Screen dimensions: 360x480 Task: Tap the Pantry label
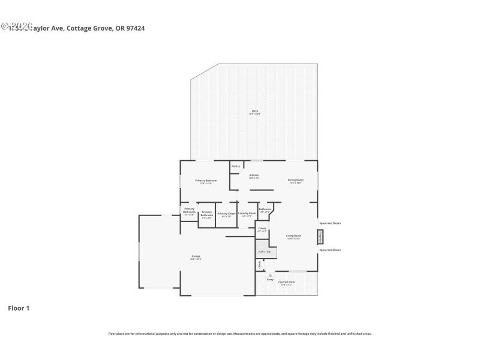coord(236,166)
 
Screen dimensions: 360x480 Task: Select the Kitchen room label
coord(254,176)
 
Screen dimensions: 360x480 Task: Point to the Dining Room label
coord(295,181)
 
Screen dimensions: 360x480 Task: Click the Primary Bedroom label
coord(206,181)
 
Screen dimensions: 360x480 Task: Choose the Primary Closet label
coord(226,214)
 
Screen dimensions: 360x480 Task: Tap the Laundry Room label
coord(247,214)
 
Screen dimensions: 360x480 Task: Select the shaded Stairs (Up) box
coord(265,251)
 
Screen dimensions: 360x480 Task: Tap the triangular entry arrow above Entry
coord(270,275)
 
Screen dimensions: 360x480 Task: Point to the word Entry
coord(270,280)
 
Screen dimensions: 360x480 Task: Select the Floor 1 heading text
coord(18,308)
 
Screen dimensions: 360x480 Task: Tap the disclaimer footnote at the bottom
coord(240,334)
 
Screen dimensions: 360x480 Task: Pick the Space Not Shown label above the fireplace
coord(330,224)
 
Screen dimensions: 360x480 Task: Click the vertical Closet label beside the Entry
coord(259,264)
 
